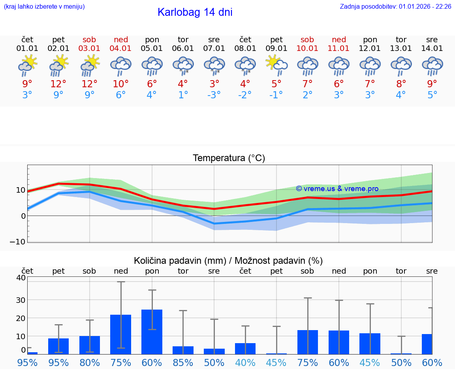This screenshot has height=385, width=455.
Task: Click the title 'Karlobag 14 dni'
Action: pyautogui.click(x=195, y=12)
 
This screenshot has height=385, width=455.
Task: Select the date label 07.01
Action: pyautogui.click(x=214, y=49)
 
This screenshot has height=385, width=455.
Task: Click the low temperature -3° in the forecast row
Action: pyautogui.click(x=214, y=95)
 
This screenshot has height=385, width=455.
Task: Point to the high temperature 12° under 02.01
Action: pyautogui.click(x=58, y=84)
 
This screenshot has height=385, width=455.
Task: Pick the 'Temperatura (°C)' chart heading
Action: pyautogui.click(x=229, y=158)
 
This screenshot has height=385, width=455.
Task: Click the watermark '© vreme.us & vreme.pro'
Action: pyautogui.click(x=337, y=189)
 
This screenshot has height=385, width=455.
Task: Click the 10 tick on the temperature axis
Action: pyautogui.click(x=20, y=190)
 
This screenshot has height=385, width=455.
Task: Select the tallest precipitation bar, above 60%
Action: pyautogui.click(x=152, y=332)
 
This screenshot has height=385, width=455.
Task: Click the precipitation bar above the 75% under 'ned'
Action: pyautogui.click(x=121, y=334)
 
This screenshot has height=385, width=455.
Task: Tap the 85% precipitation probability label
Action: pyautogui.click(x=183, y=362)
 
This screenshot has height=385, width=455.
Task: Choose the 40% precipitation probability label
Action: pyautogui.click(x=245, y=362)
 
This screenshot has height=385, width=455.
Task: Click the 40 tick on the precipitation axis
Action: pyautogui.click(x=21, y=278)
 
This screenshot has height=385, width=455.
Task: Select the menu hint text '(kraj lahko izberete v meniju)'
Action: pyautogui.click(x=44, y=6)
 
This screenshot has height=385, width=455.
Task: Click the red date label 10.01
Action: pyautogui.click(x=307, y=49)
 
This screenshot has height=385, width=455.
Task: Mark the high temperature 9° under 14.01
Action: pyautogui.click(x=432, y=84)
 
